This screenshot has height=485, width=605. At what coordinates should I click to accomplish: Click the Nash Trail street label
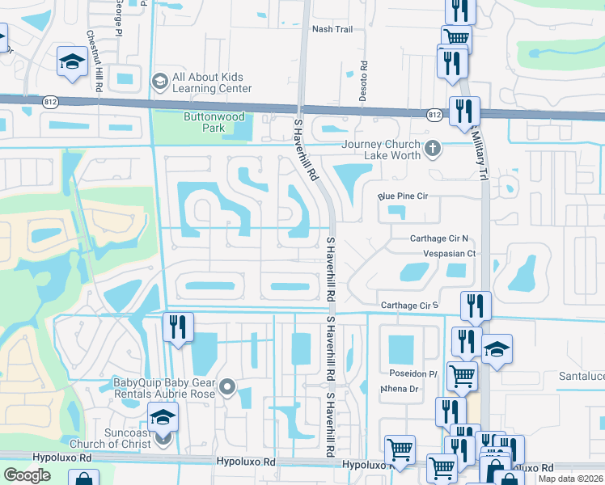coord(332,29)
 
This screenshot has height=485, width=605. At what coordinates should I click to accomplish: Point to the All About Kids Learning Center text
coord(211,83)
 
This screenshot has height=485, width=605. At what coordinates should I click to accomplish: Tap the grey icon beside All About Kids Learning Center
coord(159,82)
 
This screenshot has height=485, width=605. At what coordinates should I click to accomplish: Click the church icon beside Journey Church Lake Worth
coord(434,148)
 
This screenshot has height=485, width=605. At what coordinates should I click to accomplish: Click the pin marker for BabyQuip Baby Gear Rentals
coord(227,389)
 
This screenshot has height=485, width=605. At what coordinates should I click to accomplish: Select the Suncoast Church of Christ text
coord(116,438)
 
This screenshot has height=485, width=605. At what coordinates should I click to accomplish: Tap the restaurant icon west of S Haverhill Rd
coord(175,327)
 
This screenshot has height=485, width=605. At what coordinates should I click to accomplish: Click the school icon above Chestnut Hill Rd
coord(72,62)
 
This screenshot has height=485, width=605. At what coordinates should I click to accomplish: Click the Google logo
coord(27,474)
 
